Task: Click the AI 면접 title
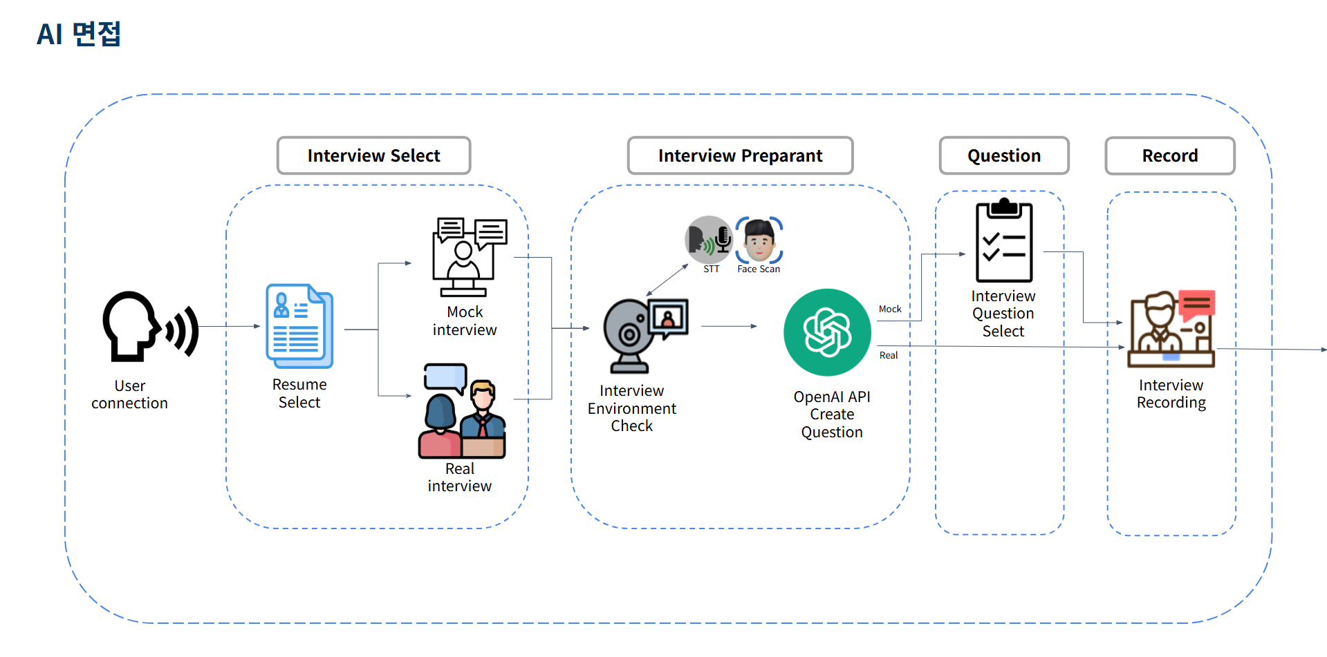[79, 34]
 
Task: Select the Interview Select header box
[373, 155]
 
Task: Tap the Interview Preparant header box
[740, 155]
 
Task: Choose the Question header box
[1004, 155]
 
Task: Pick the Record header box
[1170, 155]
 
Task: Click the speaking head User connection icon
[149, 327]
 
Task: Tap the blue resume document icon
[299, 326]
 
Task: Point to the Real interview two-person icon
[462, 411]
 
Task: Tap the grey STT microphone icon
[709, 240]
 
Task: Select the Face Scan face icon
[759, 240]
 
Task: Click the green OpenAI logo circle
[827, 332]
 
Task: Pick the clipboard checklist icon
[1004, 241]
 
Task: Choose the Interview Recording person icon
[1171, 330]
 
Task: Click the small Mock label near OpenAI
[890, 309]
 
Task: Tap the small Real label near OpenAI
[889, 355]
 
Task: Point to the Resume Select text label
[299, 393]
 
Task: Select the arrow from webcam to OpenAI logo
[729, 326]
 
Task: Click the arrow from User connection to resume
[230, 326]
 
